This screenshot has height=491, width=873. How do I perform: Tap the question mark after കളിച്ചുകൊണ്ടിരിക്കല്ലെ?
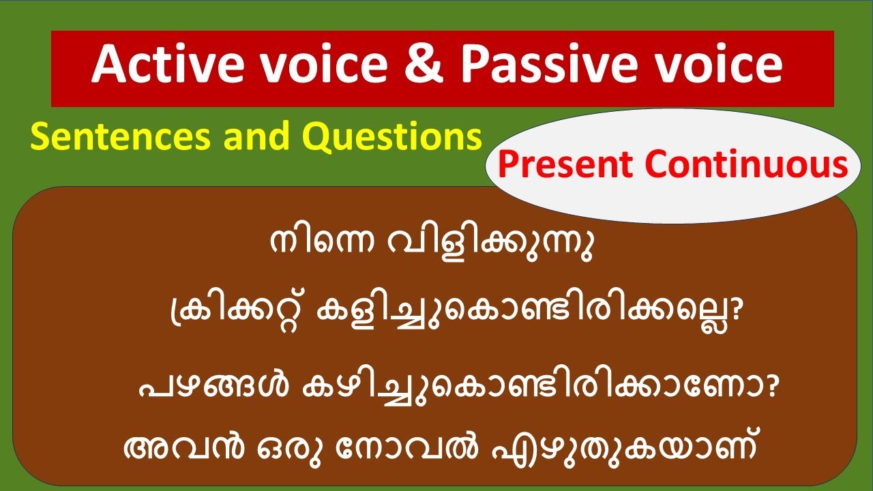coord(735,316)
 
